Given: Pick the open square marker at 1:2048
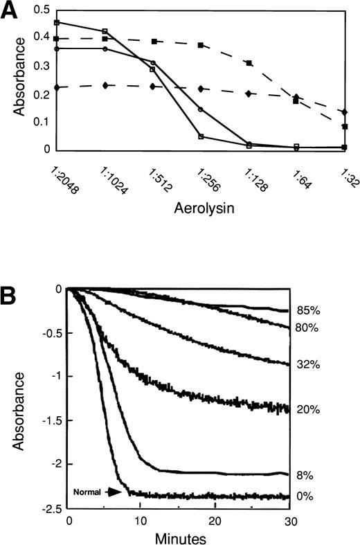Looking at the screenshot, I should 56,23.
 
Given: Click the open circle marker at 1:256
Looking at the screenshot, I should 200,109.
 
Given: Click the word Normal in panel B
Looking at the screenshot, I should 87,492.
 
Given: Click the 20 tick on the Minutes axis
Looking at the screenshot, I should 215,519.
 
